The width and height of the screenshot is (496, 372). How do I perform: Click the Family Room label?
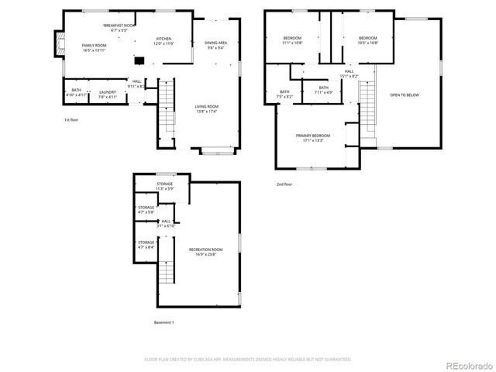pyautogui.click(x=95, y=48)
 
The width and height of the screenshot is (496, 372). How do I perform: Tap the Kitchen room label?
pyautogui.click(x=164, y=41)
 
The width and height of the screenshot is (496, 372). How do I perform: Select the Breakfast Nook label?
pyautogui.click(x=119, y=29)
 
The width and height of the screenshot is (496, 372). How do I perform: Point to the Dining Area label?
pyautogui.click(x=215, y=45)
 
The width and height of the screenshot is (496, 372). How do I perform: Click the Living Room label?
pyautogui.click(x=206, y=108)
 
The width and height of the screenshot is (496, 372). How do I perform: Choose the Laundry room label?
pyautogui.click(x=108, y=95)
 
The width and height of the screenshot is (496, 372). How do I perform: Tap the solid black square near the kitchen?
pyautogui.click(x=139, y=59)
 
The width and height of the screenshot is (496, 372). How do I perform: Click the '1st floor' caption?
pyautogui.click(x=71, y=120)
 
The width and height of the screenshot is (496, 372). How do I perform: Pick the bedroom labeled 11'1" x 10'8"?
pyautogui.click(x=291, y=40)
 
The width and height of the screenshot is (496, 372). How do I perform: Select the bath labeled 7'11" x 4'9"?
pyautogui.click(x=324, y=90)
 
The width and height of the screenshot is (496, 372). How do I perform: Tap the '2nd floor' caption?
pyautogui.click(x=284, y=184)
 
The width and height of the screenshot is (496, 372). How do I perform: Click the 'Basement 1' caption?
pyautogui.click(x=164, y=322)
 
